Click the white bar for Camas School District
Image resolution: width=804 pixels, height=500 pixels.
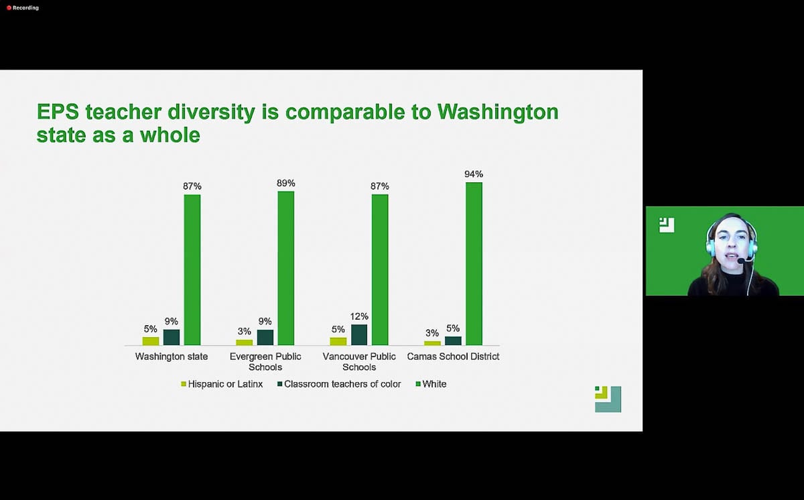point(474,263)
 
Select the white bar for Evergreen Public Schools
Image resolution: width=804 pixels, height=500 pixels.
point(286,268)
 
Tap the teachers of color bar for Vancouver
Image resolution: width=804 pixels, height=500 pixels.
point(359,334)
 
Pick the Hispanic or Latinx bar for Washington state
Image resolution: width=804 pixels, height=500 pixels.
point(151,341)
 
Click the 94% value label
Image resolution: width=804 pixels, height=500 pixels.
point(474,174)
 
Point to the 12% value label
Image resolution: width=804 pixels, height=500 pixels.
point(359,316)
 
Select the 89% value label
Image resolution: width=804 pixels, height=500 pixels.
point(286,183)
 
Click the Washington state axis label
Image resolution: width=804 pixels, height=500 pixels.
point(172,357)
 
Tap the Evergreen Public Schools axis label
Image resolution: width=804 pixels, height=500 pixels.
point(265,362)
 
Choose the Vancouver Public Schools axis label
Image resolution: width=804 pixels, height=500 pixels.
point(359,362)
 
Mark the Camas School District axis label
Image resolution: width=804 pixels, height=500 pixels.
point(453,357)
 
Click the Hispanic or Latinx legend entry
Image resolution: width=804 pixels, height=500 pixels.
point(222,384)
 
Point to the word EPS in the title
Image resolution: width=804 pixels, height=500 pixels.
point(58,112)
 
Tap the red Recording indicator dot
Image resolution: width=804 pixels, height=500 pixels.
point(9,8)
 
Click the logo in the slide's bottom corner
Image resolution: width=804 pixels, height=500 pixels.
point(608,399)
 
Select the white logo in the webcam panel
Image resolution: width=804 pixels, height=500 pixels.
point(667,225)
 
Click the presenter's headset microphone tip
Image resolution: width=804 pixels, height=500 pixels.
point(741,261)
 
